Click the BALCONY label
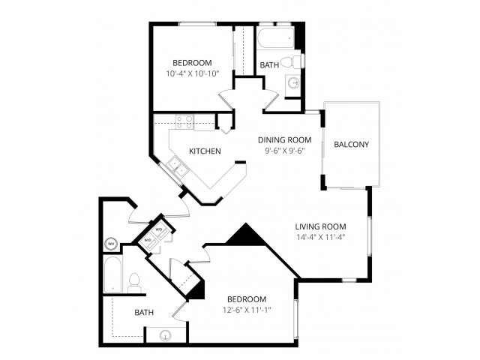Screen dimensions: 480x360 (351, 145)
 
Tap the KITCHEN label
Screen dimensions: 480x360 (205, 151)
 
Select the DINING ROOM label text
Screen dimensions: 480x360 (284, 140)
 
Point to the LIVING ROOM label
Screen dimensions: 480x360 (320, 226)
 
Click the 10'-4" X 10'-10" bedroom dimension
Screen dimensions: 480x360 (193, 73)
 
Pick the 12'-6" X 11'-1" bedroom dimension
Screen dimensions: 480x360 (247, 310)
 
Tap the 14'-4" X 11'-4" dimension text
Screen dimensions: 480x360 (321, 237)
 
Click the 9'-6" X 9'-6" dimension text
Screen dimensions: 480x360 (284, 150)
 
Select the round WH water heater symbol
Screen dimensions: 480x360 (111, 244)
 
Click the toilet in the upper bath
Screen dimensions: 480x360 (290, 62)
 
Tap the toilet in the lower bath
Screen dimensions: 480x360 (133, 283)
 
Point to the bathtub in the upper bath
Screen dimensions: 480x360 (276, 37)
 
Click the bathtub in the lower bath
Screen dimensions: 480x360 (112, 274)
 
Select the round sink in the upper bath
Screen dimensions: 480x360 (294, 82)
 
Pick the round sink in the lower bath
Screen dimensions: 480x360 (165, 336)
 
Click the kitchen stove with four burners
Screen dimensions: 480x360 (184, 121)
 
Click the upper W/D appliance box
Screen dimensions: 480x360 (160, 232)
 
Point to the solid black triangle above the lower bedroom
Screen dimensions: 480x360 (245, 234)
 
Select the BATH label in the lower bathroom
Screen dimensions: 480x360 (144, 313)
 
